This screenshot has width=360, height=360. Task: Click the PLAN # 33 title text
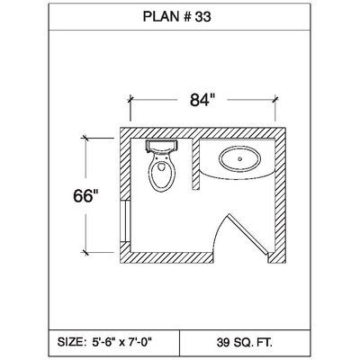(177, 17)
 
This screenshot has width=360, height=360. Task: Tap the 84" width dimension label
(202, 100)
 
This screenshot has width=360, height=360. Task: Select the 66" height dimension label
(85, 196)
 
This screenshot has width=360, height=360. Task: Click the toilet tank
(162, 146)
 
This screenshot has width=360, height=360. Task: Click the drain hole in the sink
(240, 159)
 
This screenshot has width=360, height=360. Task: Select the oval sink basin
(240, 159)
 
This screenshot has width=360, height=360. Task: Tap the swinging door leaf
(247, 235)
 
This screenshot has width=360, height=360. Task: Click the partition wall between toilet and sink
(195, 164)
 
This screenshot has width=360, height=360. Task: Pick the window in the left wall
(125, 221)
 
